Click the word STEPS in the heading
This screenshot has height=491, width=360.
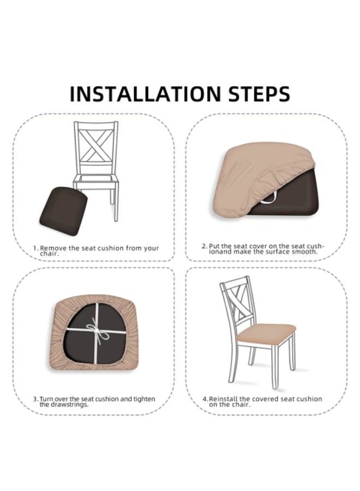pos(259,93)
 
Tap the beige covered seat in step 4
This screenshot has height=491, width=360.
pos(266,334)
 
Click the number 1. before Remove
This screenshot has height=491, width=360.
pos(37,248)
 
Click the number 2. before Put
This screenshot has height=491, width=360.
pos(205,246)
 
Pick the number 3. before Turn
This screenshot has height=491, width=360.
pos(36,399)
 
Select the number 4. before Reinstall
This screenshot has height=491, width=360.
pos(205,399)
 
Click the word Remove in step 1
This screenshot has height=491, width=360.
pos(53,248)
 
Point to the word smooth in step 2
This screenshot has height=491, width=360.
pos(304,252)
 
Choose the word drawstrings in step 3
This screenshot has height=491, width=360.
pos(68,405)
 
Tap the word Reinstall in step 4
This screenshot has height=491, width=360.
pos(223,399)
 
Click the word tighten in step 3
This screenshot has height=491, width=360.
pos(145,399)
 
